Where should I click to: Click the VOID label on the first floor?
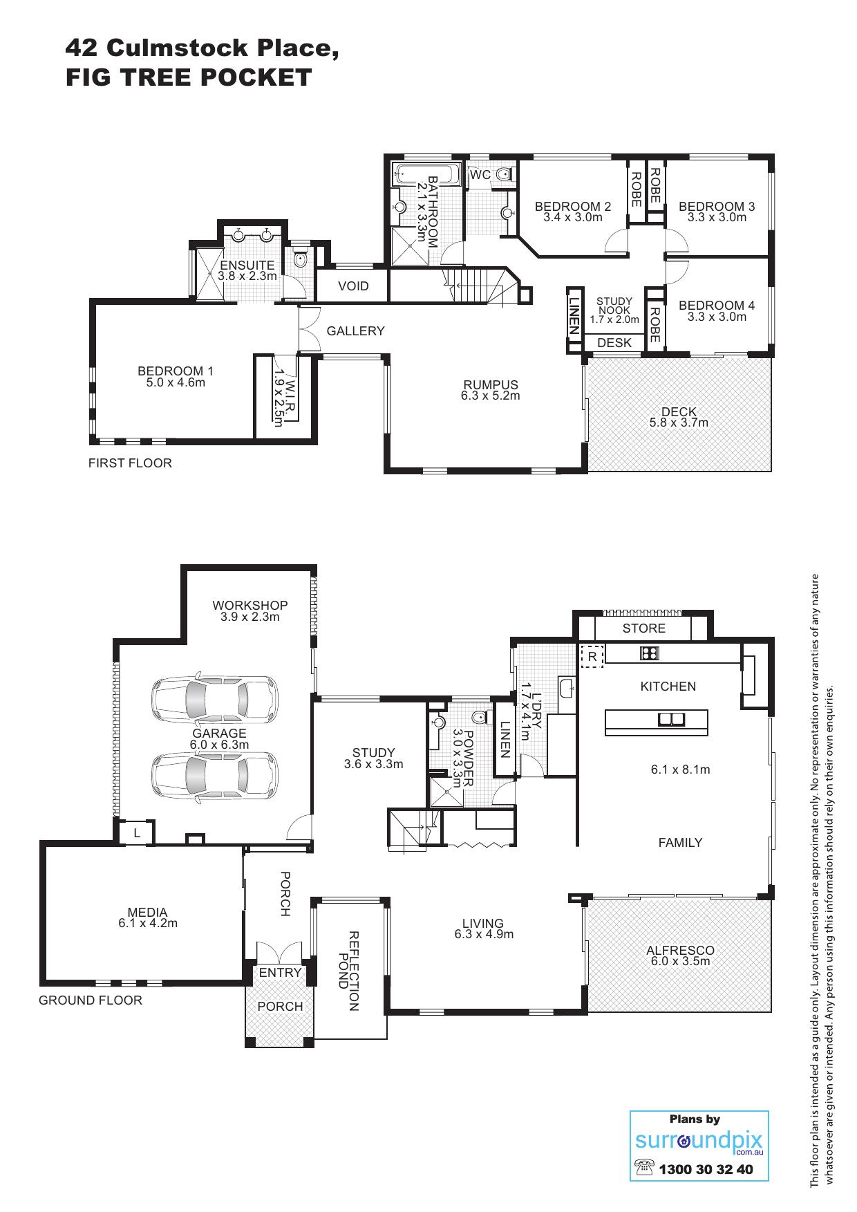[353, 286]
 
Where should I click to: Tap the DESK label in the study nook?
[614, 343]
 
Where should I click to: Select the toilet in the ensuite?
[299, 259]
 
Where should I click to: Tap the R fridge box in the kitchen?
[592, 657]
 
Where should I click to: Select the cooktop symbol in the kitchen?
[650, 653]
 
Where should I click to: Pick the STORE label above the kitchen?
[643, 628]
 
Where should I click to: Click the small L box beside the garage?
[137, 833]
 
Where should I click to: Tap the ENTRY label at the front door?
[280, 973]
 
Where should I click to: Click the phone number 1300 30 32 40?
[706, 1170]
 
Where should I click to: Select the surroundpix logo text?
[698, 1141]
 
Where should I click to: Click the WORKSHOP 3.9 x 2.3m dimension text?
[250, 617]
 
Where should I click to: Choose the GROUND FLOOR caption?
[91, 1000]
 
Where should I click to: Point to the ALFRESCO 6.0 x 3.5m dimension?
[680, 961]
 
